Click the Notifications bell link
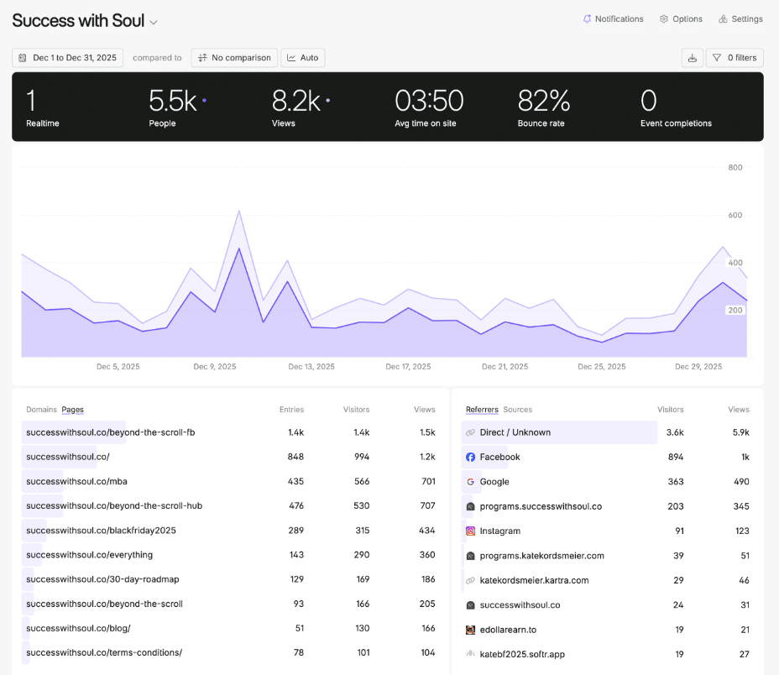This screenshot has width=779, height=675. pyautogui.click(x=613, y=19)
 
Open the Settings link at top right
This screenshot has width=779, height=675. pyautogui.click(x=740, y=19)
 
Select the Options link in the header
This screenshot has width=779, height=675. pyautogui.click(x=681, y=19)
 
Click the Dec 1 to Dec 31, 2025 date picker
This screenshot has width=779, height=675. pyautogui.click(x=68, y=58)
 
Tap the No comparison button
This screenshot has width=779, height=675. pyautogui.click(x=234, y=58)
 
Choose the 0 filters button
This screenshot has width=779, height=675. pyautogui.click(x=735, y=58)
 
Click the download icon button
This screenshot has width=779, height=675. pyautogui.click(x=693, y=58)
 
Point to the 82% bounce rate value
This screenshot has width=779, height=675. pyautogui.click(x=544, y=102)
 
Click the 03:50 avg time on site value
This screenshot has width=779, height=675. pyautogui.click(x=429, y=102)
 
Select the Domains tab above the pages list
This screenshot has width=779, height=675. pyautogui.click(x=41, y=410)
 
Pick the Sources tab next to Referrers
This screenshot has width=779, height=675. pyautogui.click(x=517, y=410)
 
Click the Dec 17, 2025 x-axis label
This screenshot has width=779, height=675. pyautogui.click(x=408, y=367)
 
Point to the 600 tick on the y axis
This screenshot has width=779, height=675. pyautogui.click(x=735, y=215)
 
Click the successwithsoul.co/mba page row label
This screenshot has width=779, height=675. pyautogui.click(x=76, y=482)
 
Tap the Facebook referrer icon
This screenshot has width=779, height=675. pyautogui.click(x=471, y=458)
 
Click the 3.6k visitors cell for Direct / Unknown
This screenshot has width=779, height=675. pyautogui.click(x=674, y=432)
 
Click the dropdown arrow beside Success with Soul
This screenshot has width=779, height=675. pyautogui.click(x=154, y=23)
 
